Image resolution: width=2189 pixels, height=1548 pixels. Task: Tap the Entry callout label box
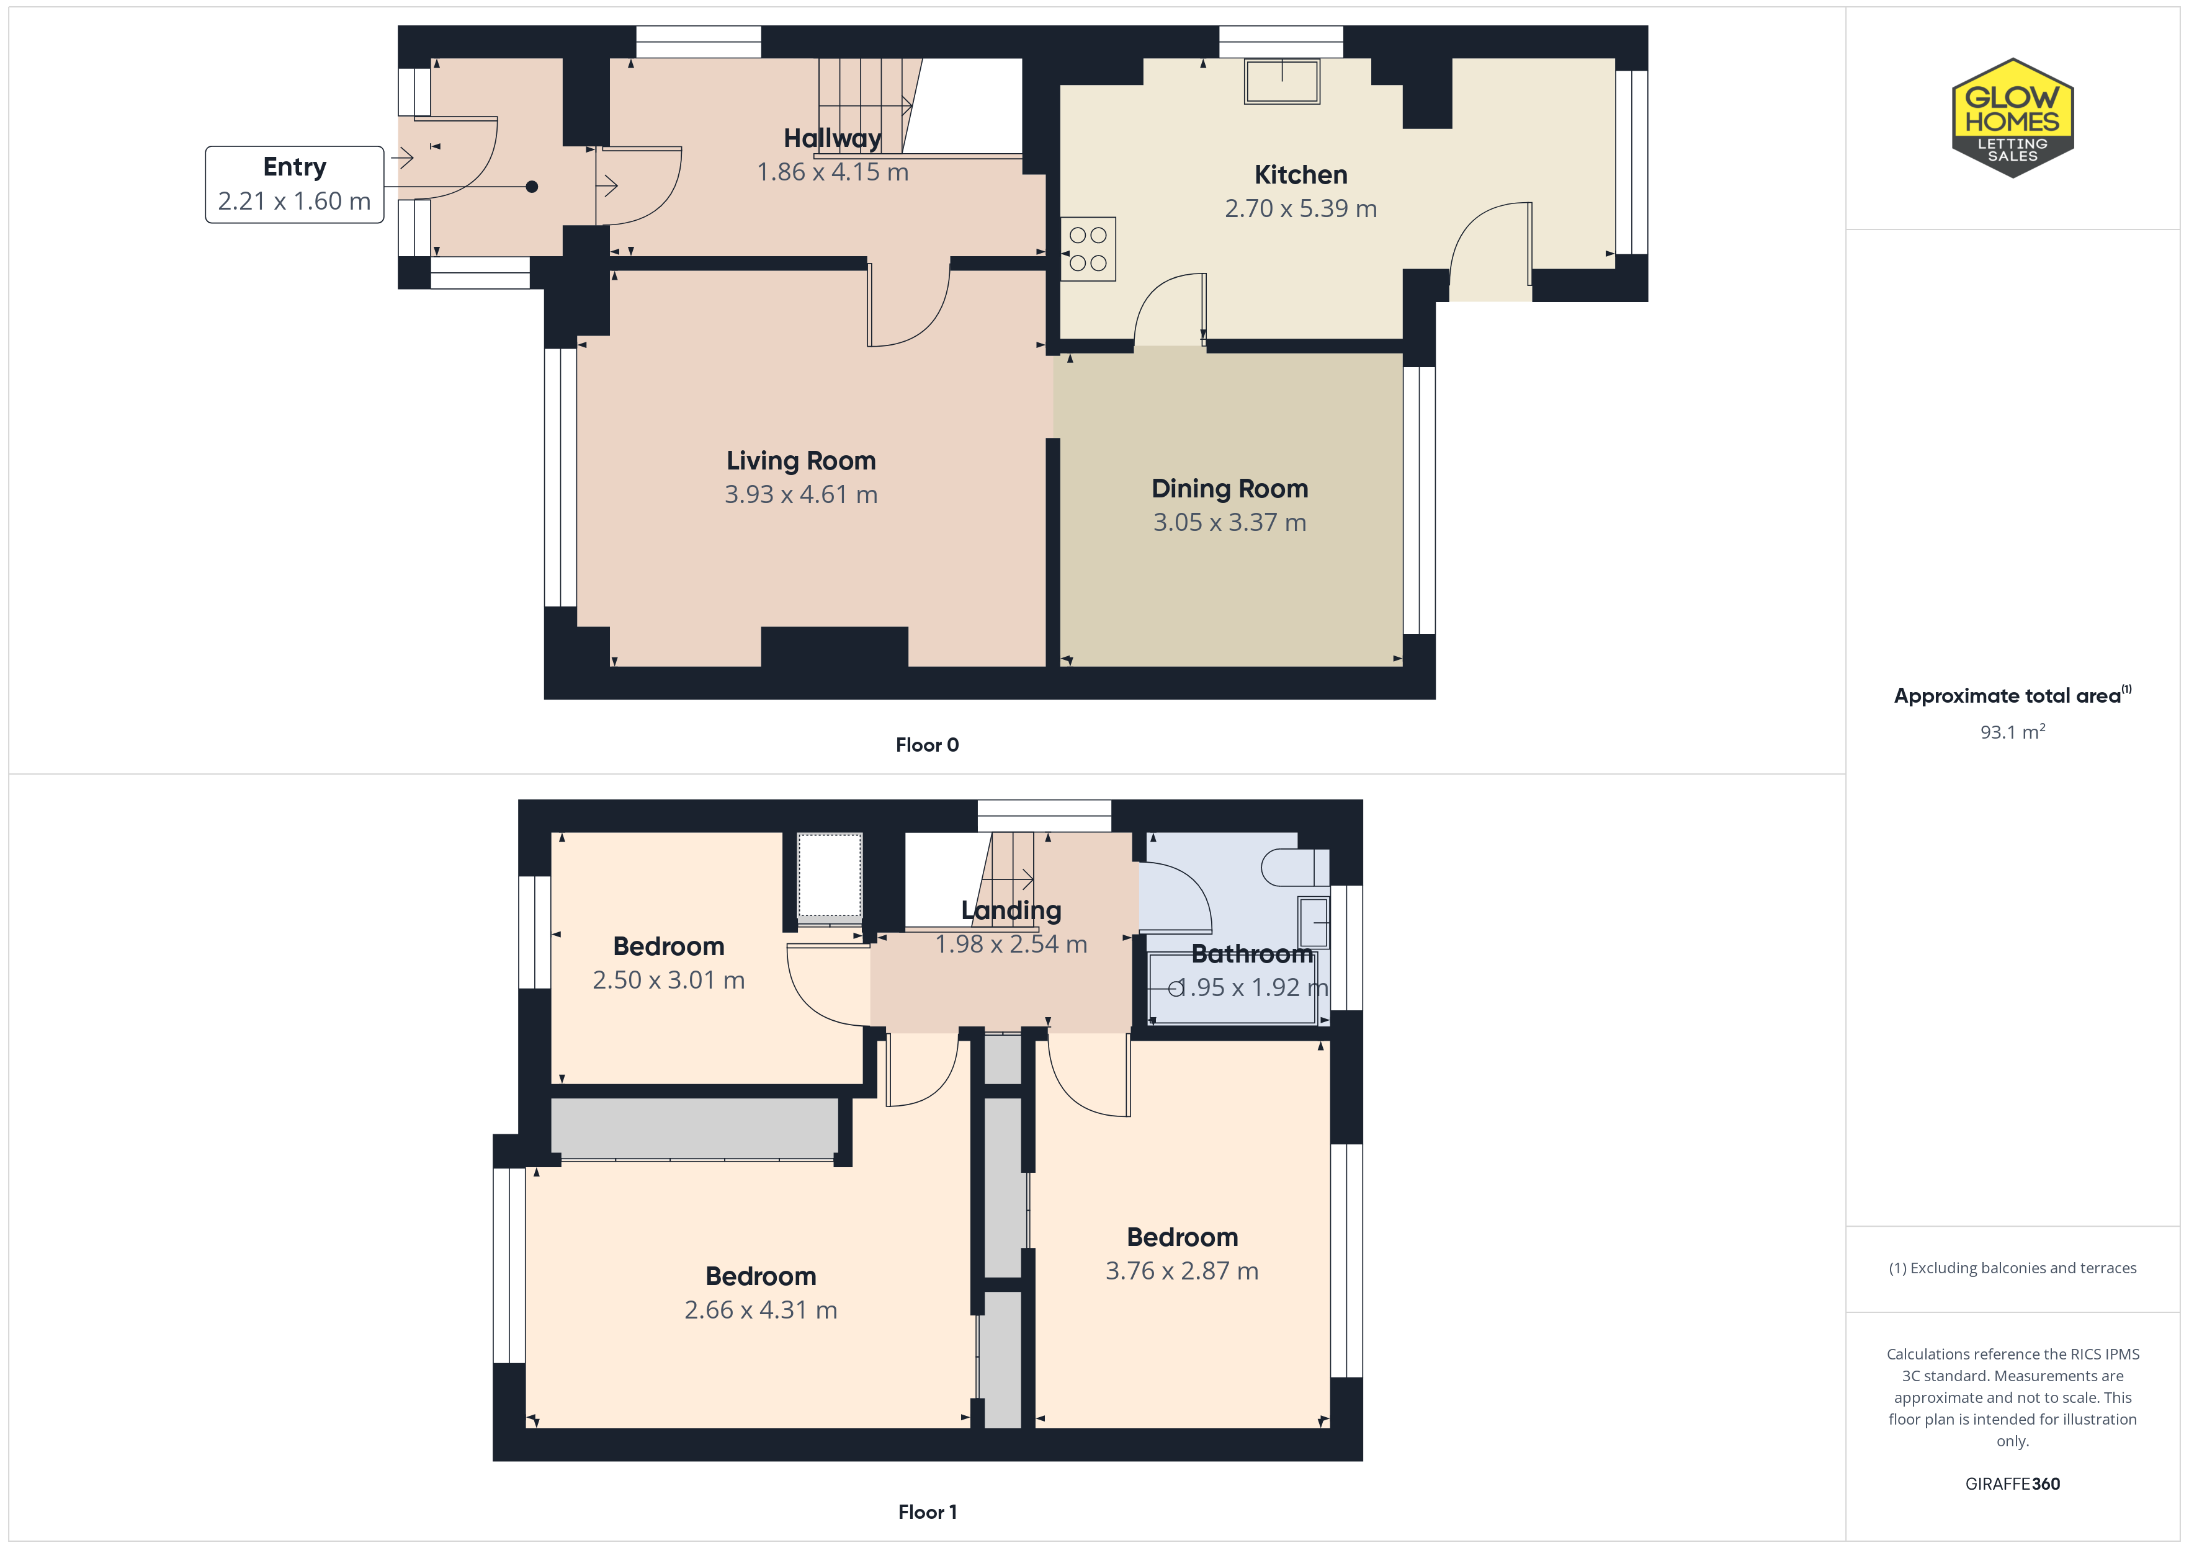(295, 184)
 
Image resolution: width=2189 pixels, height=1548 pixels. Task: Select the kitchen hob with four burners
(1088, 249)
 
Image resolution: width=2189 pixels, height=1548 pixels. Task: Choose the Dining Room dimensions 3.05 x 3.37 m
(1230, 522)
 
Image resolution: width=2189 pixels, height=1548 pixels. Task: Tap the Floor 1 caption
(927, 1512)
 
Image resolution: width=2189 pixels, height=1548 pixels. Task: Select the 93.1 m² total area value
(2013, 731)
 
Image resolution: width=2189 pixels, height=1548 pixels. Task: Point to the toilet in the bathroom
(1295, 868)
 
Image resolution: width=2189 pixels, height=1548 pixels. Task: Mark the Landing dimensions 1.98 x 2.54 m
(1011, 944)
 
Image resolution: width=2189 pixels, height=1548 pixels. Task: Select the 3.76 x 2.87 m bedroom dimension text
(1182, 1271)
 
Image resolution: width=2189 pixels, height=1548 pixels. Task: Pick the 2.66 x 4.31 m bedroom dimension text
(761, 1310)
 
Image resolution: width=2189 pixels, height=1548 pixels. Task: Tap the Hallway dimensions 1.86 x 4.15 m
(832, 172)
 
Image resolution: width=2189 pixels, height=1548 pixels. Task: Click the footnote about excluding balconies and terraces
(2013, 1268)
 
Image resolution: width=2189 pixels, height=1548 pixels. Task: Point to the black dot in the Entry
(532, 187)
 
